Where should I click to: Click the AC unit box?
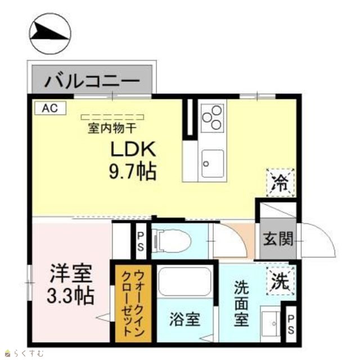coord(50,108)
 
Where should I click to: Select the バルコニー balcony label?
coord(92,80)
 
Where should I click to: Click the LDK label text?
coord(133,149)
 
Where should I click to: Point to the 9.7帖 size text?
coord(133,172)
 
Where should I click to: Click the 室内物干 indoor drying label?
coord(112,128)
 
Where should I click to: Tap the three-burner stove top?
coord(212,118)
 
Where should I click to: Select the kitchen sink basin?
coord(213,164)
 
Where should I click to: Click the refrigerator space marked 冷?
coord(280,183)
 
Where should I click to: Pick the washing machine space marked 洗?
coord(280,281)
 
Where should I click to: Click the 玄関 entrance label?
coord(278,238)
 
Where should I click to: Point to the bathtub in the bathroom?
coord(185,282)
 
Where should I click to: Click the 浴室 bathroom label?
coord(185,319)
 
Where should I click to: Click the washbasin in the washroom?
coord(271,323)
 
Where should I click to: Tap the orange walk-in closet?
coord(133,303)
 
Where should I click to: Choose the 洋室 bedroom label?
coord(71,273)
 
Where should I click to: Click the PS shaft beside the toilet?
coord(141,241)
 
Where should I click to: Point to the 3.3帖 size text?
coord(71,295)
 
